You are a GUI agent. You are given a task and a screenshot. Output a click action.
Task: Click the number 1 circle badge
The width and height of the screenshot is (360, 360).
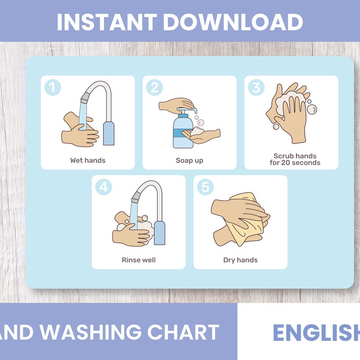click(53, 87)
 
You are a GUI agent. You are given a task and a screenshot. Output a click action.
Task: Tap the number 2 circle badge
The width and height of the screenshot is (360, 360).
click(154, 87)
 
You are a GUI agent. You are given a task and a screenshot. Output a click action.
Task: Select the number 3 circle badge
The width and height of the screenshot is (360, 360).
click(256, 87)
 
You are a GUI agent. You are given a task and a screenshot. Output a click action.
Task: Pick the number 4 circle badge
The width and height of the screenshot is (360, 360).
click(103, 187)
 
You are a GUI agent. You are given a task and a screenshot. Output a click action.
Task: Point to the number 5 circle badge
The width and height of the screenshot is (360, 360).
click(205, 187)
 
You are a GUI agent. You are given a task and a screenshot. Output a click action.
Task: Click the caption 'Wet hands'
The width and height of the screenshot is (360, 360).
click(88, 160)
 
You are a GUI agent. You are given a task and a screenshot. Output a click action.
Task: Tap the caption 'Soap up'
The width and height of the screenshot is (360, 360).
click(189, 160)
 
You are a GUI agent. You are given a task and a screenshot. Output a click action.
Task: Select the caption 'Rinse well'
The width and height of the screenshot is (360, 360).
click(139, 260)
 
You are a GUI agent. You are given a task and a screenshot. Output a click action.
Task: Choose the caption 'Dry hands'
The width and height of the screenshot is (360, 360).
click(240, 260)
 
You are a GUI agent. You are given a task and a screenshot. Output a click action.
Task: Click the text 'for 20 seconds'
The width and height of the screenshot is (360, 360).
click(295, 162)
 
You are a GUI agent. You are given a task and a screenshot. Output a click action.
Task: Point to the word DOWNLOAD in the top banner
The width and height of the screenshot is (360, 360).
click(233, 22)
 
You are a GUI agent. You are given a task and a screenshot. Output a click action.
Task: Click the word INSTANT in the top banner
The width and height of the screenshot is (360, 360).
click(106, 22)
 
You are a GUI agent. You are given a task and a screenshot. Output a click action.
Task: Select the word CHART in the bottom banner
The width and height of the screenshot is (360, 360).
click(183, 332)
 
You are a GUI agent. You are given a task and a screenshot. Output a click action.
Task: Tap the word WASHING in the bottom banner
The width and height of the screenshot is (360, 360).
click(91, 332)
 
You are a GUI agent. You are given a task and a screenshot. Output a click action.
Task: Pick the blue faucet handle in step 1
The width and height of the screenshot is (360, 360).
click(108, 133)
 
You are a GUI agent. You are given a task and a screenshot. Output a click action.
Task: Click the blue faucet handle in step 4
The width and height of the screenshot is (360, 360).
click(159, 233)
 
